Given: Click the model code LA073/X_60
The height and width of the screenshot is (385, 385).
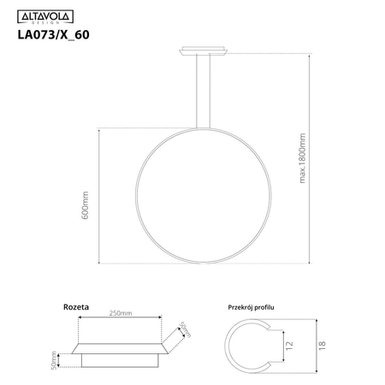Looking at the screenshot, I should [54, 36].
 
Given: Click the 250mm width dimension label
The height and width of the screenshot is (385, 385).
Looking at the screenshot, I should [121, 314].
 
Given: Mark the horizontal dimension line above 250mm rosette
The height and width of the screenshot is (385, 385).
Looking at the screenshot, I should [121, 320].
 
